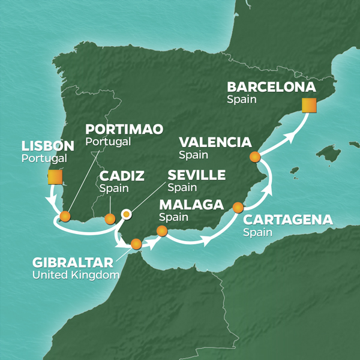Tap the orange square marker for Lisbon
(55, 177)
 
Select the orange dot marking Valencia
(255, 157)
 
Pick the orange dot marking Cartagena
(238, 208)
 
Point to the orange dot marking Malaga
(161, 230)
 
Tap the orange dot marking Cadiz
(110, 218)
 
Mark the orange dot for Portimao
(65, 216)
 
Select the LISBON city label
(47, 146)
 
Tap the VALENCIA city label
(214, 142)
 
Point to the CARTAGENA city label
(287, 220)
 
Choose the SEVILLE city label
(197, 175)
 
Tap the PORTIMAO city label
(122, 129)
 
